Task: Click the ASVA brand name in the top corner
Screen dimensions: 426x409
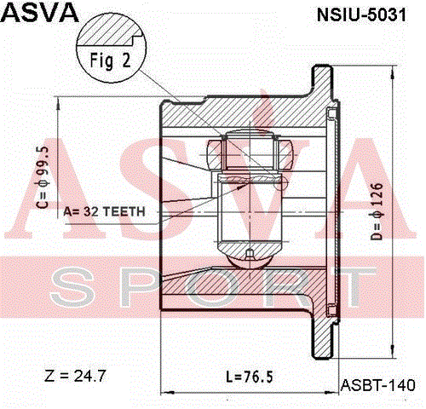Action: pyautogui.click(x=40, y=13)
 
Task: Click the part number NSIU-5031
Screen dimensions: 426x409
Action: pyautogui.click(x=361, y=15)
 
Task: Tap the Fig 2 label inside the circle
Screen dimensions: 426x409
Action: pyautogui.click(x=110, y=60)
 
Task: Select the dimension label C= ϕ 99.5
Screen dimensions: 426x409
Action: pyautogui.click(x=43, y=177)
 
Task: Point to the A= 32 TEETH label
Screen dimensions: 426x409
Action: pyautogui.click(x=104, y=212)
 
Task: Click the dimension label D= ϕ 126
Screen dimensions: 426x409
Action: pyautogui.click(x=377, y=211)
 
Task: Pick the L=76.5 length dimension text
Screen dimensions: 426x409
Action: pyautogui.click(x=250, y=377)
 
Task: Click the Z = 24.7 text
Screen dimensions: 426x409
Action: pyautogui.click(x=75, y=376)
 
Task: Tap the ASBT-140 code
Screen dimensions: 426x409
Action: pyautogui.click(x=377, y=385)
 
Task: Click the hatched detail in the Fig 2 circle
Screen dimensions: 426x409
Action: pyautogui.click(x=111, y=32)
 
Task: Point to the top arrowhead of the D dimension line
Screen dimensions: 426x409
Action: pyautogui.click(x=393, y=72)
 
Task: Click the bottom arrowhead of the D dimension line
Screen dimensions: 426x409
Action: pyautogui.click(x=393, y=351)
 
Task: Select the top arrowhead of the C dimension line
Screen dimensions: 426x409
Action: pyautogui.click(x=58, y=103)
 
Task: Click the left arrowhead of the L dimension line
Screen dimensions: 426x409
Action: pyautogui.click(x=168, y=393)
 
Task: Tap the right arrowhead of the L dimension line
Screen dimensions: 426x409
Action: pyautogui.click(x=331, y=393)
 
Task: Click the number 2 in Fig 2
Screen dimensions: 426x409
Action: pyautogui.click(x=127, y=60)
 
